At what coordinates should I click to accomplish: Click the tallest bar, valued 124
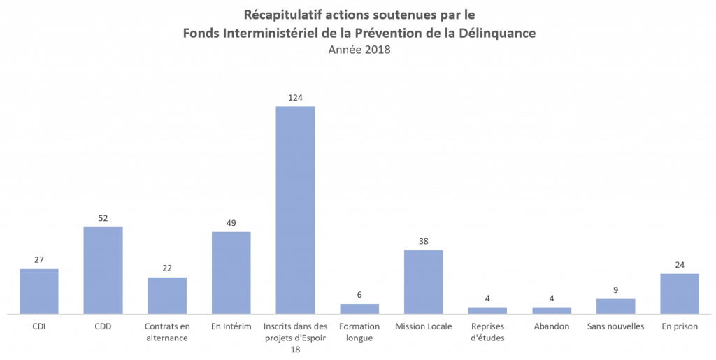295,210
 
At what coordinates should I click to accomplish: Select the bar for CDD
103,270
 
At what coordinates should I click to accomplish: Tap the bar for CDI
38,291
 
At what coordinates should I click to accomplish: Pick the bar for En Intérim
231,273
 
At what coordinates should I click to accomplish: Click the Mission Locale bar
423,282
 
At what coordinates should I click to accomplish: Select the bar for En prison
680,294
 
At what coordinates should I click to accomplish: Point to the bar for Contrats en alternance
167,295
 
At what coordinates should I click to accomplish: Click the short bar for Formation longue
359,308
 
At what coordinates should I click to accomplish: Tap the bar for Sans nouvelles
615,306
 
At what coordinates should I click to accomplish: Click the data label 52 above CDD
103,218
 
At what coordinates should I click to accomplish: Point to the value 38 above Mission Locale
423,241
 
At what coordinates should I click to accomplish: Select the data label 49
231,223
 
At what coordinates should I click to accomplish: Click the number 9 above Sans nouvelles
615,290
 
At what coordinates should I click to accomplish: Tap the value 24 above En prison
680,265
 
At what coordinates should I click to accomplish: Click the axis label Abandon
551,326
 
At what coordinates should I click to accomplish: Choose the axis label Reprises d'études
487,332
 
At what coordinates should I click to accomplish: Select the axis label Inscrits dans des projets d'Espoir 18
295,338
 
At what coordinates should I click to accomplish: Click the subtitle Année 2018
359,50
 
